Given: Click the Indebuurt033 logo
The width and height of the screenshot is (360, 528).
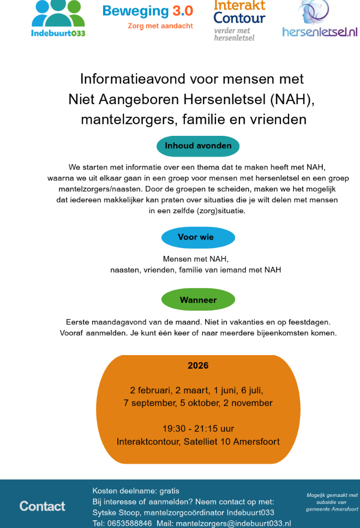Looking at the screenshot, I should click(x=58, y=19).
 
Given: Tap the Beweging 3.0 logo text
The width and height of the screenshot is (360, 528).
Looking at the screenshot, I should click(x=147, y=11).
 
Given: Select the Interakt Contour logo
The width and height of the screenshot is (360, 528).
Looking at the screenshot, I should click(x=239, y=20).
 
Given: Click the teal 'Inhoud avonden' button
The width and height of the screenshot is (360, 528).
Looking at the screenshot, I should click(x=198, y=146).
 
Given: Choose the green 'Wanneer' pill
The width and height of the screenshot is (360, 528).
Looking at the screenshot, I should click(x=198, y=300).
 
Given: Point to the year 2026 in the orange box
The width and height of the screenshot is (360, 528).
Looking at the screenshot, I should click(x=198, y=365).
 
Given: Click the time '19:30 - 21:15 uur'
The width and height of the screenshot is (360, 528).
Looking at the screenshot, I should click(x=198, y=429).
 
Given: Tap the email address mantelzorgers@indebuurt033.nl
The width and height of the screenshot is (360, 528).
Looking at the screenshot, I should click(x=233, y=523).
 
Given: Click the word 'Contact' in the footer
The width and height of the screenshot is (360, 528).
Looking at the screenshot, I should click(x=43, y=506).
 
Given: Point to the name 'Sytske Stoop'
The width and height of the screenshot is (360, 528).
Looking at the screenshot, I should click(x=116, y=512).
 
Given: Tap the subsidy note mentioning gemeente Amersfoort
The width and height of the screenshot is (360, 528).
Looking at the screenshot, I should click(x=332, y=502).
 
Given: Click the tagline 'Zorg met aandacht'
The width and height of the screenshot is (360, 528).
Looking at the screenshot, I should click(x=160, y=26).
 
